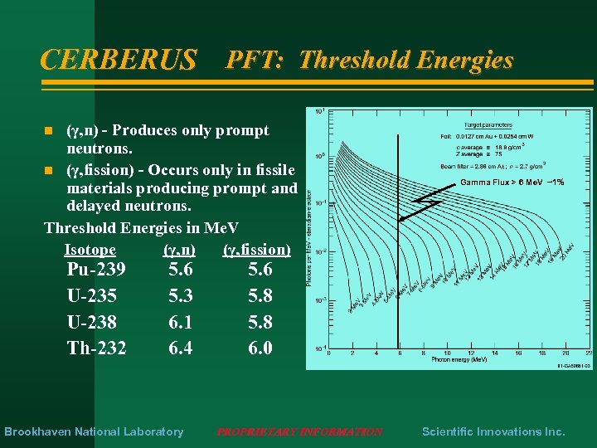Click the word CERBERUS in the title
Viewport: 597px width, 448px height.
point(119,60)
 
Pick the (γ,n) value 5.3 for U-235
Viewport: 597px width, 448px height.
point(180,295)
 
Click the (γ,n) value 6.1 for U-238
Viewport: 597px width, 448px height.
point(180,322)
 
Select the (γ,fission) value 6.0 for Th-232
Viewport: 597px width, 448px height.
point(260,348)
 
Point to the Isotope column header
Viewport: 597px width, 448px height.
point(90,250)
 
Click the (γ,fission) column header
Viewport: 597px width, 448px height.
point(256,250)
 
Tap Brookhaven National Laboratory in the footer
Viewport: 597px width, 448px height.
point(94,431)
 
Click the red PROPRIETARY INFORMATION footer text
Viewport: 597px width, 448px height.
point(299,431)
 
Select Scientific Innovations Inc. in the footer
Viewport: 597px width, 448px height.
point(493,431)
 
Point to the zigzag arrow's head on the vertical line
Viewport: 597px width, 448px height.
point(400,219)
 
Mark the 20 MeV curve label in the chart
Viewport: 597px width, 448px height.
point(565,247)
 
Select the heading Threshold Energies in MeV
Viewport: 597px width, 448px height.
point(141,228)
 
